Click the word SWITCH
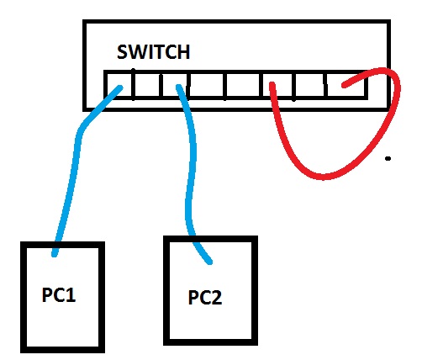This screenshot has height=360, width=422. point(153,52)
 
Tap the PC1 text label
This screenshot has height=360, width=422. point(59,295)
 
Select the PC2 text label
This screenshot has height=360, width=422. point(205,298)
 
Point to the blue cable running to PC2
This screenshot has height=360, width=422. point(191,174)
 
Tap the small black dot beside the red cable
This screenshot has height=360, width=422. point(388,159)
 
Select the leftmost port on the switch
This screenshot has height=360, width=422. point(119,85)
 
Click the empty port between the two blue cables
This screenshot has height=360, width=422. point(147,85)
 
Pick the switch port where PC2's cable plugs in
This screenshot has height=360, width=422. point(174,85)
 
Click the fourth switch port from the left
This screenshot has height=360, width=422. point(207,85)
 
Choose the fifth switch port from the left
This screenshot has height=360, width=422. point(243,85)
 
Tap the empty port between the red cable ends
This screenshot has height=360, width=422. point(310,85)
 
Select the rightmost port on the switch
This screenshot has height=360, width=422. point(347,85)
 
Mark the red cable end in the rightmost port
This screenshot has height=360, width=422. point(344,85)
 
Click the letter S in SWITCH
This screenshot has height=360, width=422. point(122,52)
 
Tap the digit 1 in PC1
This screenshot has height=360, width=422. point(71,295)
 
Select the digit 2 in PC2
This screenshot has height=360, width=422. point(217,298)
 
